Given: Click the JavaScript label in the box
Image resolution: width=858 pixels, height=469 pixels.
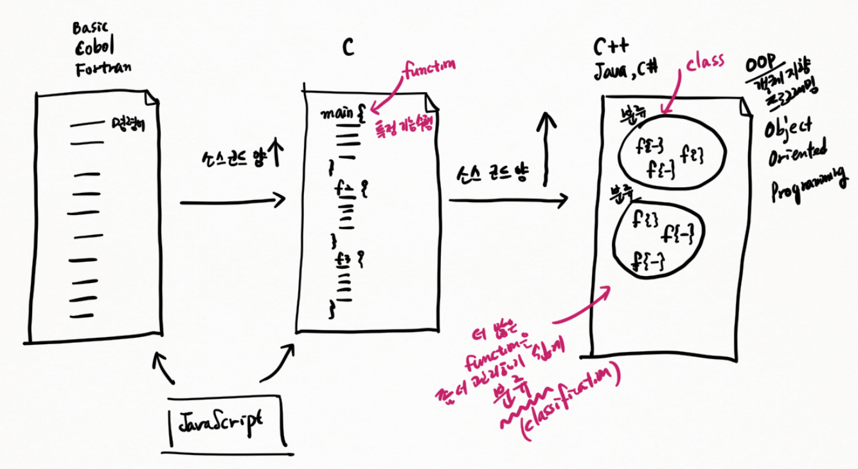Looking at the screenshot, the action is (x=220, y=421).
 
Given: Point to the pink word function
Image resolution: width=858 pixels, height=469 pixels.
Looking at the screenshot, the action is (x=429, y=67).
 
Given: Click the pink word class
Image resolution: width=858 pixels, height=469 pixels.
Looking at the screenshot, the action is (x=704, y=62).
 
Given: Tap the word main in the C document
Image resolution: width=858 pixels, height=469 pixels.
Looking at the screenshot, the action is (x=337, y=114).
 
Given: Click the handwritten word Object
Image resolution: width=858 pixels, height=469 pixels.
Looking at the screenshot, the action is (x=787, y=127).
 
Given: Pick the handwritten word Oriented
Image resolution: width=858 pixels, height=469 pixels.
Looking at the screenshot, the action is (x=797, y=154).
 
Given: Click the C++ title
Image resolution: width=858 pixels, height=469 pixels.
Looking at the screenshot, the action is (x=611, y=47).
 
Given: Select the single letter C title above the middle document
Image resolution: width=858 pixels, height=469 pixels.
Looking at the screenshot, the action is (x=348, y=47).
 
